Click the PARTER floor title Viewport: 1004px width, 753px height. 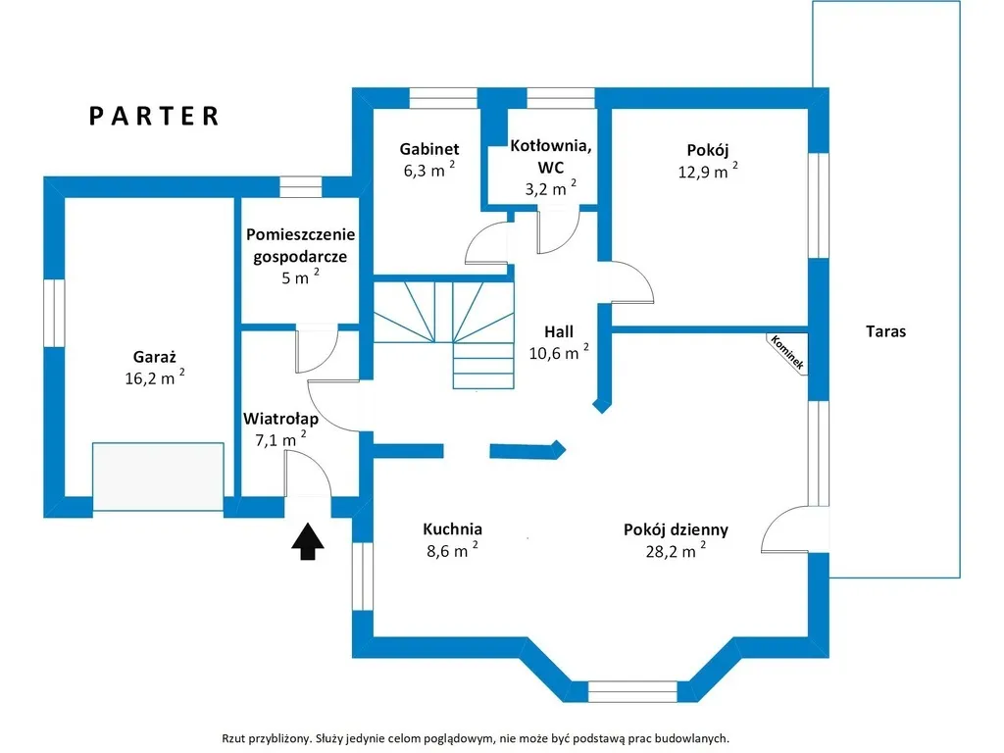pyautogui.click(x=154, y=116)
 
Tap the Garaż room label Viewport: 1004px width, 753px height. pyautogui.click(x=154, y=357)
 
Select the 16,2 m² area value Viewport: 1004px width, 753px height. pyautogui.click(x=155, y=377)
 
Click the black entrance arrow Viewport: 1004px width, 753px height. pyautogui.click(x=308, y=541)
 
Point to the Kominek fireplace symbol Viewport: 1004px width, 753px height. pyautogui.click(x=787, y=353)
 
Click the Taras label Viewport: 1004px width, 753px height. pyautogui.click(x=885, y=331)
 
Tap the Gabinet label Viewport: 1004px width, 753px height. pyautogui.click(x=429, y=149)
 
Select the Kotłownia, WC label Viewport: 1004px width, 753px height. pyautogui.click(x=551, y=156)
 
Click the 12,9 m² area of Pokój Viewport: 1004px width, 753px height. pyautogui.click(x=708, y=171)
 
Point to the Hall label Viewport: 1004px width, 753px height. pyautogui.click(x=558, y=331)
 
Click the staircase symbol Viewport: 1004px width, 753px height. pyautogui.click(x=444, y=334)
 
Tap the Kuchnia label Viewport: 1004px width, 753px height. pyautogui.click(x=452, y=528)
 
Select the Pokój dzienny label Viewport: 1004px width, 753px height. pyautogui.click(x=676, y=530)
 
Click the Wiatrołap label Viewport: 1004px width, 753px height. pyautogui.click(x=281, y=419)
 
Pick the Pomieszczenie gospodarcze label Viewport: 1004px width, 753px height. pyautogui.click(x=300, y=245)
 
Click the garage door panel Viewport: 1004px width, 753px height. pyautogui.click(x=158, y=477)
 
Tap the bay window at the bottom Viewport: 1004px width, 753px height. pyautogui.click(x=632, y=691)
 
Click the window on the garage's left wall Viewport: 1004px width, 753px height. pyautogui.click(x=55, y=313)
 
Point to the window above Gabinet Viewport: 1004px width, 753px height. pyautogui.click(x=443, y=98)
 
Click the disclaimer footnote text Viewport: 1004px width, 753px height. pyautogui.click(x=476, y=738)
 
